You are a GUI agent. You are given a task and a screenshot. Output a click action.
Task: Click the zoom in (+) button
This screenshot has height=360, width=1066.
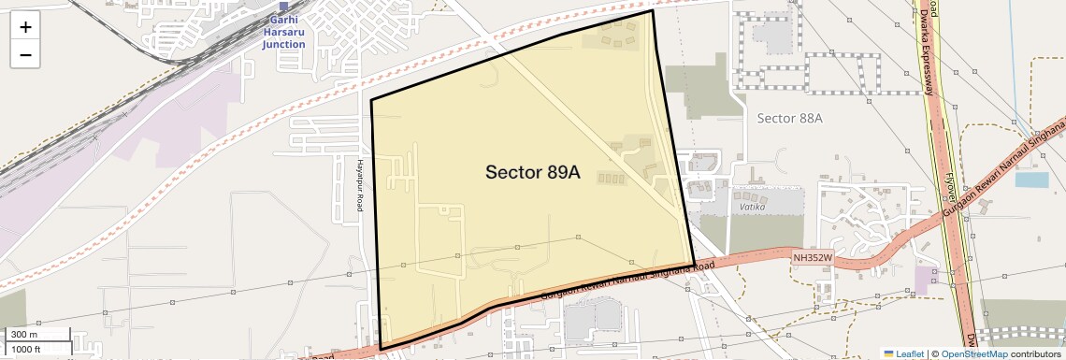[25, 27]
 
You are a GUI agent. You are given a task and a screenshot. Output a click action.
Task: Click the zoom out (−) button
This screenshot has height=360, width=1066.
[25, 55]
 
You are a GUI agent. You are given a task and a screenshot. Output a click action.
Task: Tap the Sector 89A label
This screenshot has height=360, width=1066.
[533, 173]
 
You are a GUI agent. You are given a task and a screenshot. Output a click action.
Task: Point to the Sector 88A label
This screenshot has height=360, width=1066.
[789, 118]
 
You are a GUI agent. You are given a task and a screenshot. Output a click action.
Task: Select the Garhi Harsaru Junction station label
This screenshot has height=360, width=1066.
[283, 32]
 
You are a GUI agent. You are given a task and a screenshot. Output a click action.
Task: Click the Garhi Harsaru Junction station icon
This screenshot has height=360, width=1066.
[283, 7]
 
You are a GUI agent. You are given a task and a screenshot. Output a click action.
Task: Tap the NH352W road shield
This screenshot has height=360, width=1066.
[812, 256]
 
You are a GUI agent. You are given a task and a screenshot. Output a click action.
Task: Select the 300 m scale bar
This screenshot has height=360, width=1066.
[36, 335]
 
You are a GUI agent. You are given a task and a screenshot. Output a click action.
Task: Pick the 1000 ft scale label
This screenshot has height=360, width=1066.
[25, 349]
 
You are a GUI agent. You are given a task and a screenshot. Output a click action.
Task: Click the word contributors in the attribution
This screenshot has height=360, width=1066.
[1035, 354]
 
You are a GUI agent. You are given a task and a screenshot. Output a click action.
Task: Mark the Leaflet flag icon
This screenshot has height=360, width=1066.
[888, 354]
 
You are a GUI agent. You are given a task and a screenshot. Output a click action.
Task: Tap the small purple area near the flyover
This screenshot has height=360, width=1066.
[926, 279]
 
